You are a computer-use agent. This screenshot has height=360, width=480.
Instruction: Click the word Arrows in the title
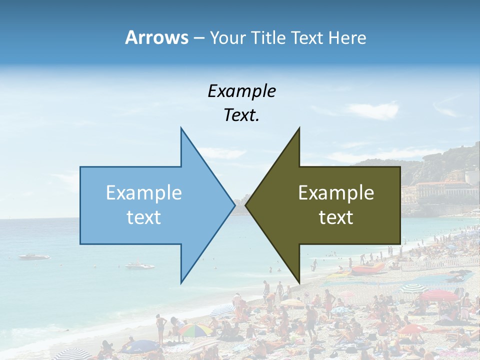pos(156,37)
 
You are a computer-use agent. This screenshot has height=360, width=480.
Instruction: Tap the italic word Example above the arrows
pos(241,91)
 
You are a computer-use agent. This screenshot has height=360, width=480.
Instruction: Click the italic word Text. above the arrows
pos(241,115)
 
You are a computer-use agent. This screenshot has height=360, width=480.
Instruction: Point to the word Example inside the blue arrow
pos(144,193)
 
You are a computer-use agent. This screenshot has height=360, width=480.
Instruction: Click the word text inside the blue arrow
pos(144,217)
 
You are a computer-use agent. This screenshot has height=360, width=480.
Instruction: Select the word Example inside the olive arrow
pos(336,193)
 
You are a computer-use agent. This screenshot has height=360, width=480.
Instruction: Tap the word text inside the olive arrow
pos(336,217)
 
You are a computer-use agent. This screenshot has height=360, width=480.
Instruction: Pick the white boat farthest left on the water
pos(34,256)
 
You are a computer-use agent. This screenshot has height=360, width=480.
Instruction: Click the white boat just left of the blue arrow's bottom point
pos(139,265)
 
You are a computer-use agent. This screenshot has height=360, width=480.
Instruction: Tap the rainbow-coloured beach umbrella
pos(195,329)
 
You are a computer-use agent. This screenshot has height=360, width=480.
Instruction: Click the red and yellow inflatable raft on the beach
pos(367,269)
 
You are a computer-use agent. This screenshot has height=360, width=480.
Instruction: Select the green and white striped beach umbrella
pos(413,288)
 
